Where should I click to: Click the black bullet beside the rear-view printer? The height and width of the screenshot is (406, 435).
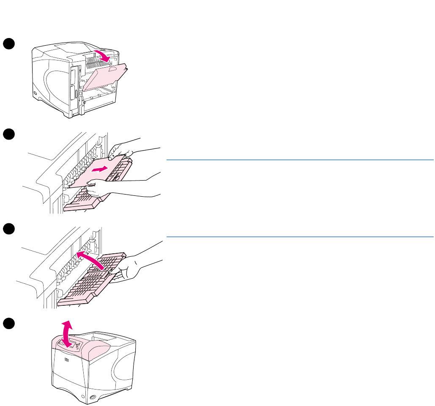point(8,43)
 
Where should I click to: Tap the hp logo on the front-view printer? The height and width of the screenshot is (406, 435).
point(67,360)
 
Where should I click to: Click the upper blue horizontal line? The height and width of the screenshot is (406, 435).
point(300,160)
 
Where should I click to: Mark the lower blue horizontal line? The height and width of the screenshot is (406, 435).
point(300,237)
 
